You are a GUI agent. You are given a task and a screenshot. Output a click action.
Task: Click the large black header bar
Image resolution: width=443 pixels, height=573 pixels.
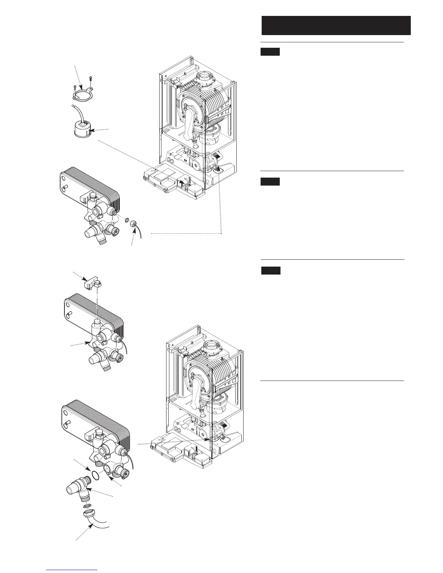click(336, 25)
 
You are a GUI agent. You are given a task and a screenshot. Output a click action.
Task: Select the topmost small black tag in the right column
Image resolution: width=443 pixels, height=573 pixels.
click(270, 52)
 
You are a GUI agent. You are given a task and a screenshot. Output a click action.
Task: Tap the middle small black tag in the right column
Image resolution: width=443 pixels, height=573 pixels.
click(270, 182)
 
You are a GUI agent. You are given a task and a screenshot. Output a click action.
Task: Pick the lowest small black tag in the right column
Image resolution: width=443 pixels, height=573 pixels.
click(271, 271)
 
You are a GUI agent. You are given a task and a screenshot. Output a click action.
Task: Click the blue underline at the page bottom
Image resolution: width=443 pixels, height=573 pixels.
click(72, 570)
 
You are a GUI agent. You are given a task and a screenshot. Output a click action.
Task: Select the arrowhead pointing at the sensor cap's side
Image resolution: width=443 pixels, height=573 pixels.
click(92, 129)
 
